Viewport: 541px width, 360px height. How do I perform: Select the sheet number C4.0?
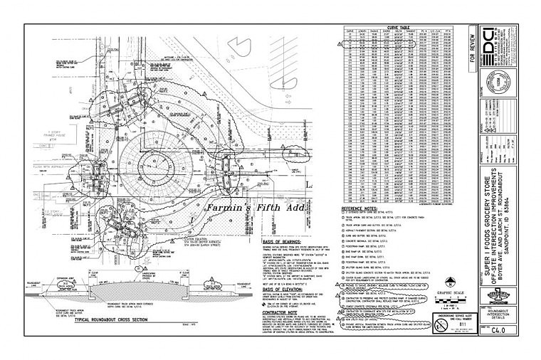click(503, 331)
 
